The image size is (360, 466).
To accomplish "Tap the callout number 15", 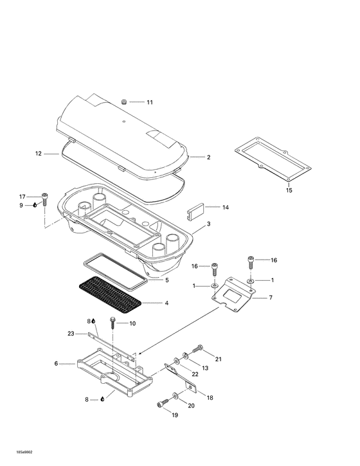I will (289, 191).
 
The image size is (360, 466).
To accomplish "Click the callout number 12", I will (38, 154).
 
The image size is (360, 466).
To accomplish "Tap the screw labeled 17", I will (45, 197).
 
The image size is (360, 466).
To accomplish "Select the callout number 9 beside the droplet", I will (21, 205).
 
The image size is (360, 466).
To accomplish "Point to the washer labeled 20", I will (175, 395).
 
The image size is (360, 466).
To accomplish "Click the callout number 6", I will (56, 364).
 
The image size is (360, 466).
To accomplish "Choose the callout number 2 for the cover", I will (208, 157).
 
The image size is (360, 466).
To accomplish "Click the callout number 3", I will (208, 226).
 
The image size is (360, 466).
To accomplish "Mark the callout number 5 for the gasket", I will (166, 280).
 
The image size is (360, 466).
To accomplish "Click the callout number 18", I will (210, 398).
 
